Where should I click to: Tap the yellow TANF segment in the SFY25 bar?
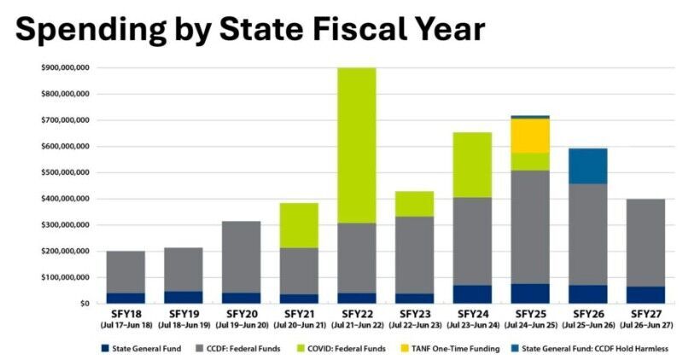tap(530, 135)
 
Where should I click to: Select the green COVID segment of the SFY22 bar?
tap(357, 145)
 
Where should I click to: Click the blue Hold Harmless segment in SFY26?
tap(587, 165)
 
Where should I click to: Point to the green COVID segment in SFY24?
tap(472, 165)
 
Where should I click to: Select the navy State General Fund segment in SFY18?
tap(125, 298)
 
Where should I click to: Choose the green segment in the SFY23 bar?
tap(415, 204)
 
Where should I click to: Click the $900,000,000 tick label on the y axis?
tap(65, 67)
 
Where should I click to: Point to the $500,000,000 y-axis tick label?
tap(65, 172)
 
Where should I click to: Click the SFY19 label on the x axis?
tap(184, 315)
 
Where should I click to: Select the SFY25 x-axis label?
tap(530, 315)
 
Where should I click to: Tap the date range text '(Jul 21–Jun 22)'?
tap(357, 326)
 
